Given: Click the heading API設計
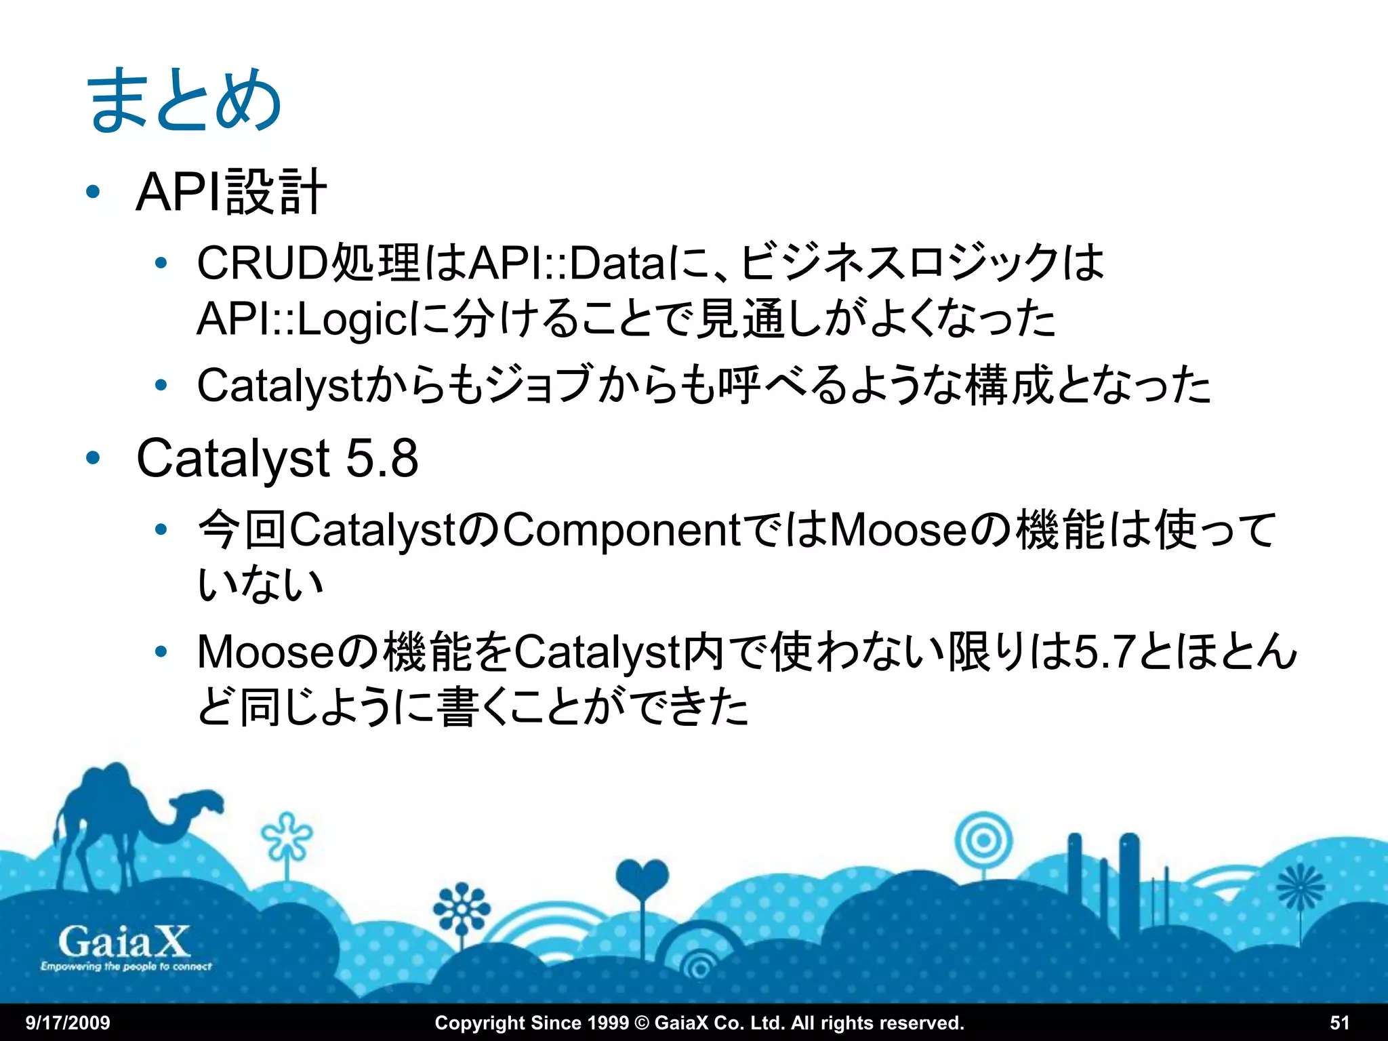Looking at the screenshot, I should pos(231,192).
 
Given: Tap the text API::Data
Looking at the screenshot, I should pos(567,263).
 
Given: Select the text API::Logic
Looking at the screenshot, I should pos(302,319).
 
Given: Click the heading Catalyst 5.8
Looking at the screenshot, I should pos(277,458).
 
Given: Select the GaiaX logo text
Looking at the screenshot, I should pos(123,942).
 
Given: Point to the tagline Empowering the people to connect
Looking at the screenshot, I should pos(126,966).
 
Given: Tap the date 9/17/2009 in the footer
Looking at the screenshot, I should pos(68,1023).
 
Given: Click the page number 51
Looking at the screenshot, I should pos(1339,1023).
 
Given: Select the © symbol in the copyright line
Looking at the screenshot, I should pos(641,1023).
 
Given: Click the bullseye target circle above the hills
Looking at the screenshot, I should pos(983,841).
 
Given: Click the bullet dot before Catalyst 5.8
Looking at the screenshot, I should pos(93,458).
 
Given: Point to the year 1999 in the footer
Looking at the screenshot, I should pos(607,1023).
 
